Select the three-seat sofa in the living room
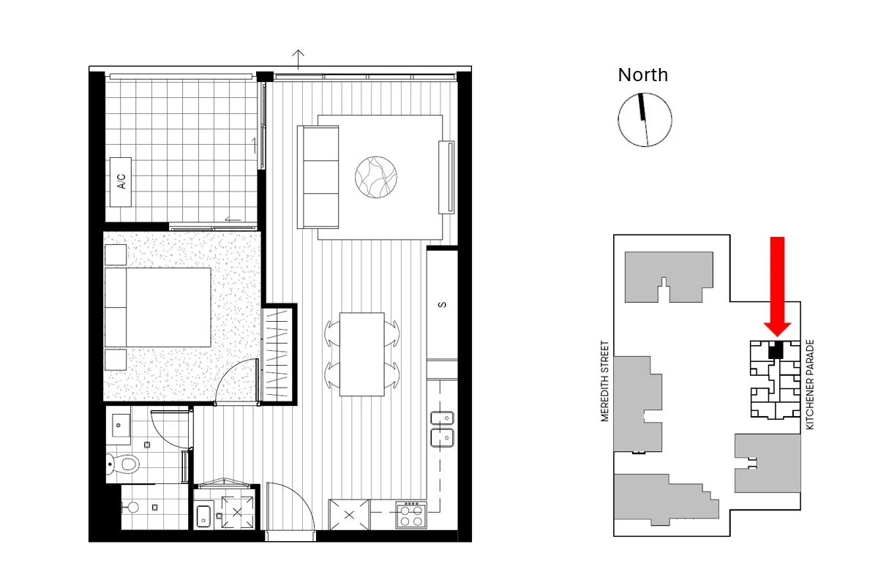[318, 176]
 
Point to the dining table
[362, 354]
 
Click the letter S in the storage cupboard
[442, 305]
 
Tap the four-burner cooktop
[411, 514]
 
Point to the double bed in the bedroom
[159, 307]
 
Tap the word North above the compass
[642, 75]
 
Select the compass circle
[645, 120]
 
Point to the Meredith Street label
[604, 382]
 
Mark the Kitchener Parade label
[809, 385]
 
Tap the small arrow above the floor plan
[298, 56]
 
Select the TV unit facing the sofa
[446, 176]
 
